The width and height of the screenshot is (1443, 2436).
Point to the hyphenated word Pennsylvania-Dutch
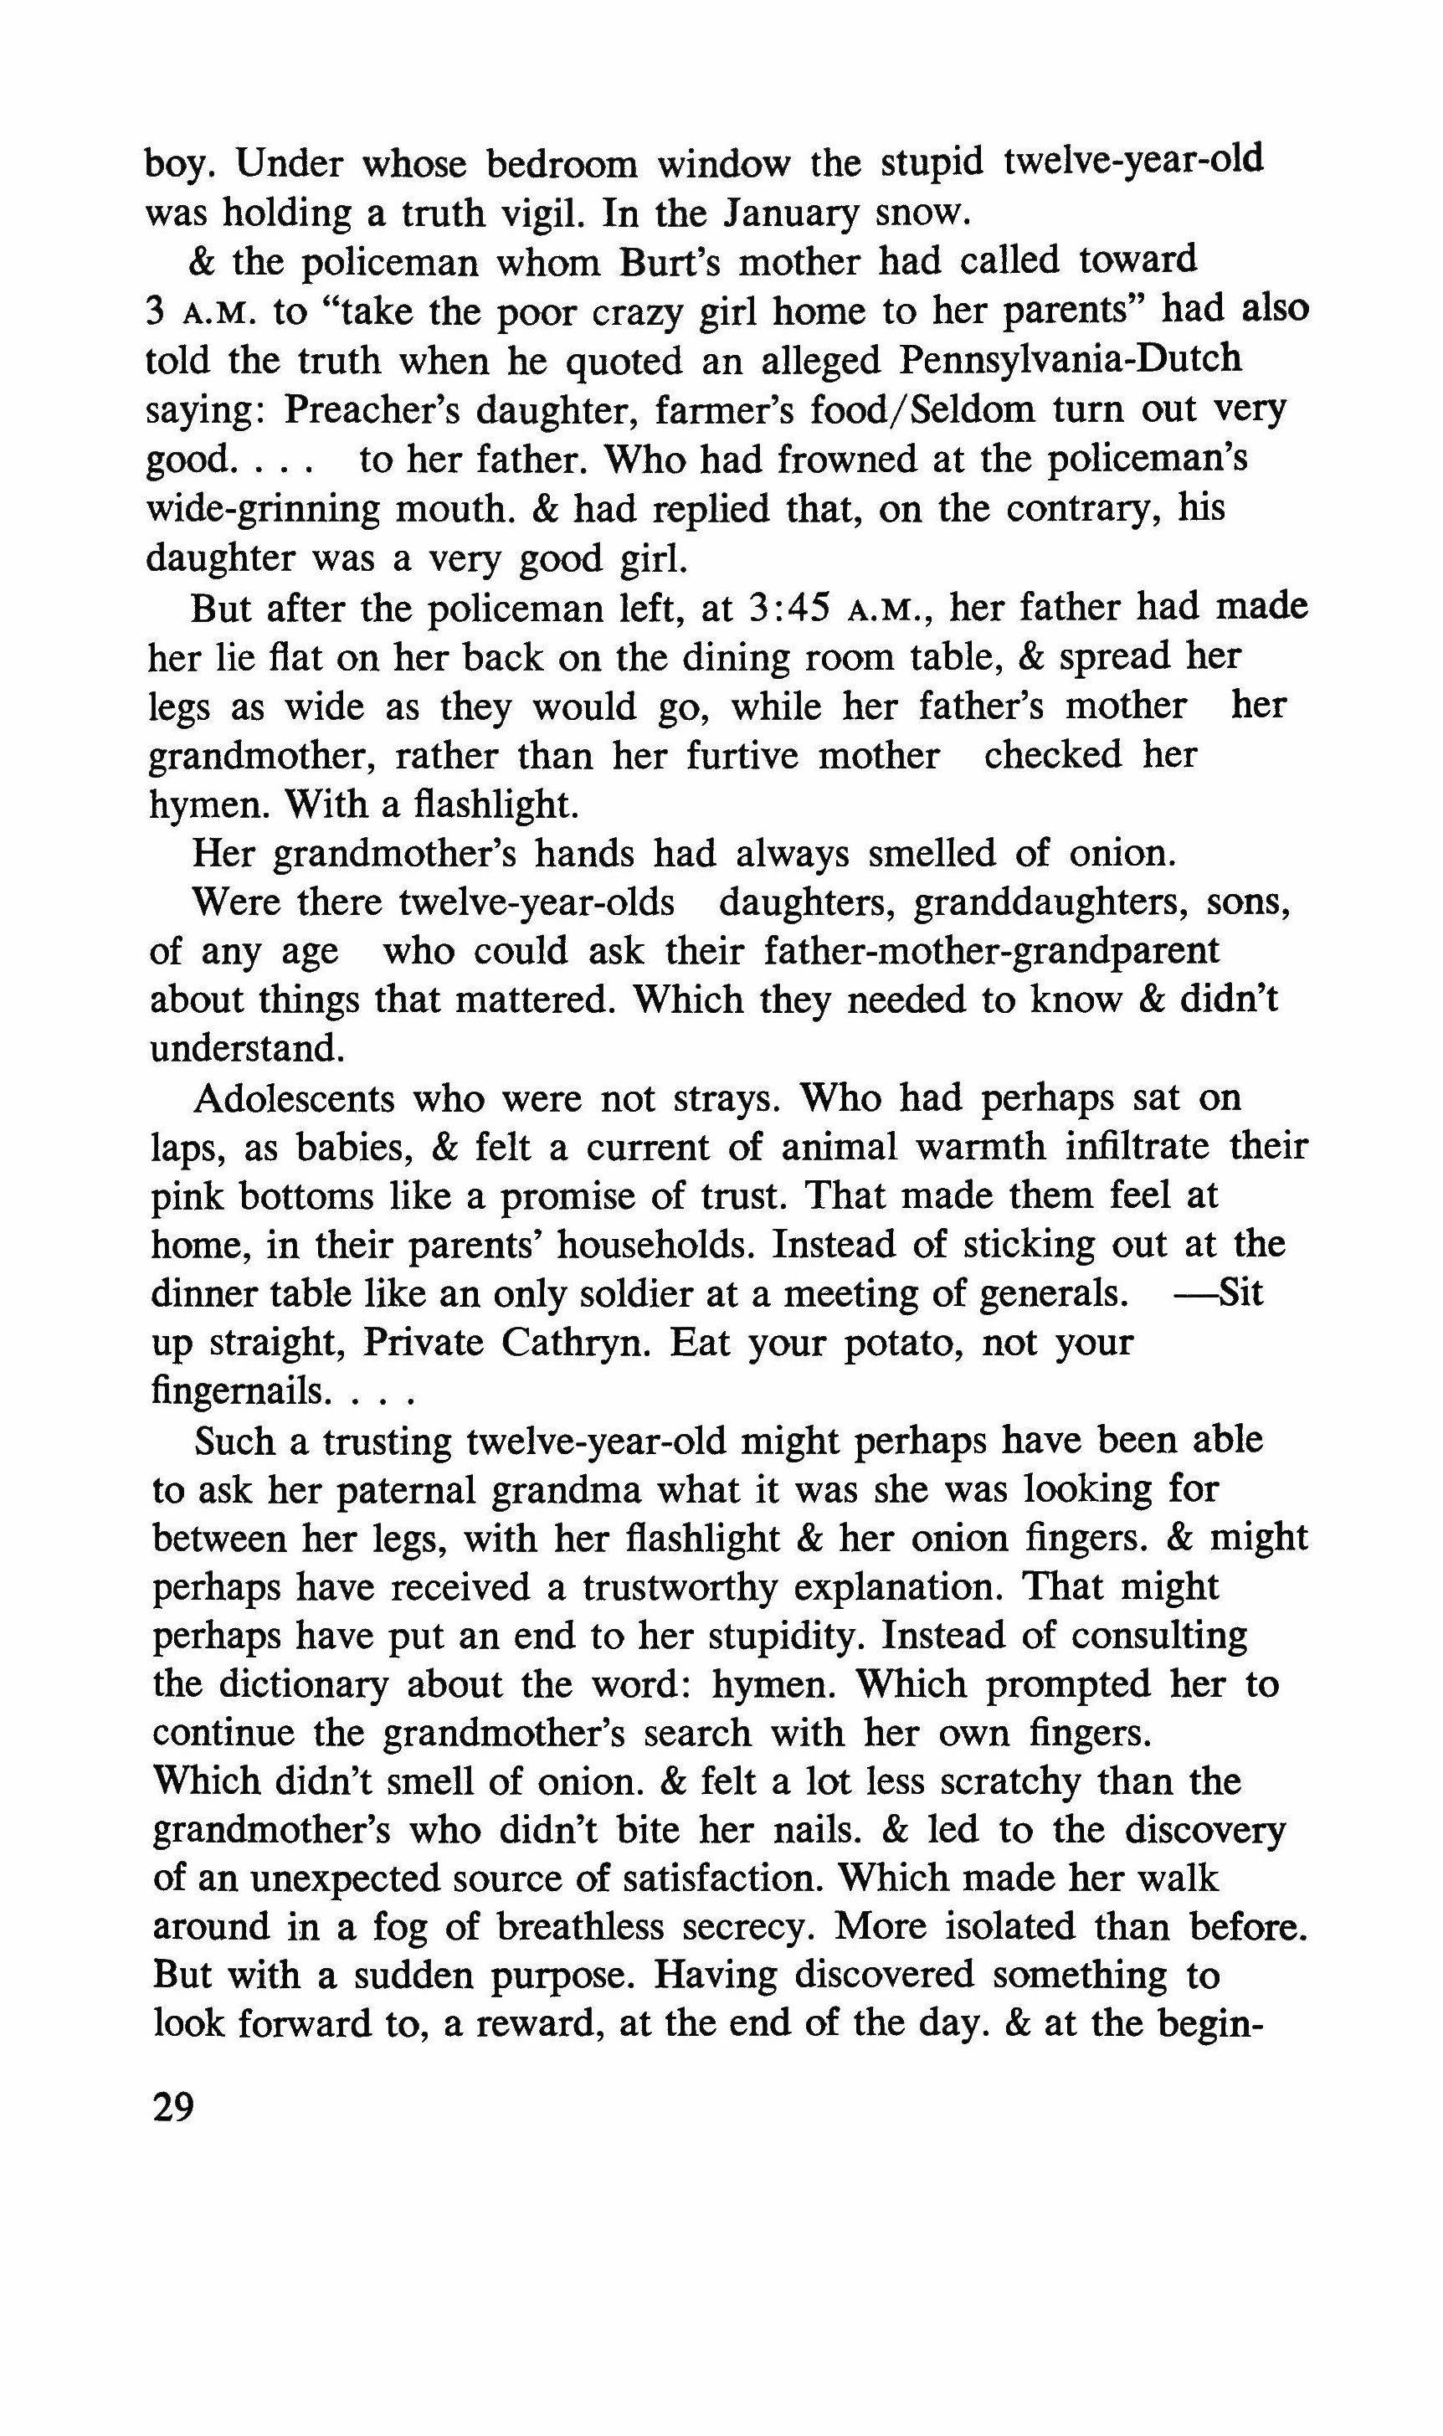coord(1071,360)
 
